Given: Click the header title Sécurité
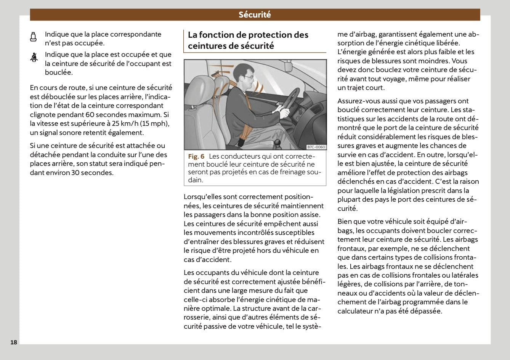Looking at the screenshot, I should (x=255, y=15).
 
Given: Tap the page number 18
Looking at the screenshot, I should (x=14, y=342).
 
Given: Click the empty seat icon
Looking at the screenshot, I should (x=34, y=37).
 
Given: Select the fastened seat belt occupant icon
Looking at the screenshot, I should (x=34, y=58).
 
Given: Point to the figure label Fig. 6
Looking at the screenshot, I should (x=196, y=156).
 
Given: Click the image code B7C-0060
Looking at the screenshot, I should (x=316, y=147).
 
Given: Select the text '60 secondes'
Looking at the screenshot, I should (x=107, y=115).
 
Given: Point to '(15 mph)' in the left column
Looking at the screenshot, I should (x=155, y=124).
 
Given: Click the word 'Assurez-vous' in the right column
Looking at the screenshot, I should (x=358, y=101).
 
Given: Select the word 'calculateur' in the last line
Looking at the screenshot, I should (x=355, y=311).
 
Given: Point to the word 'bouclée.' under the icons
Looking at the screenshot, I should (x=59, y=72).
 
